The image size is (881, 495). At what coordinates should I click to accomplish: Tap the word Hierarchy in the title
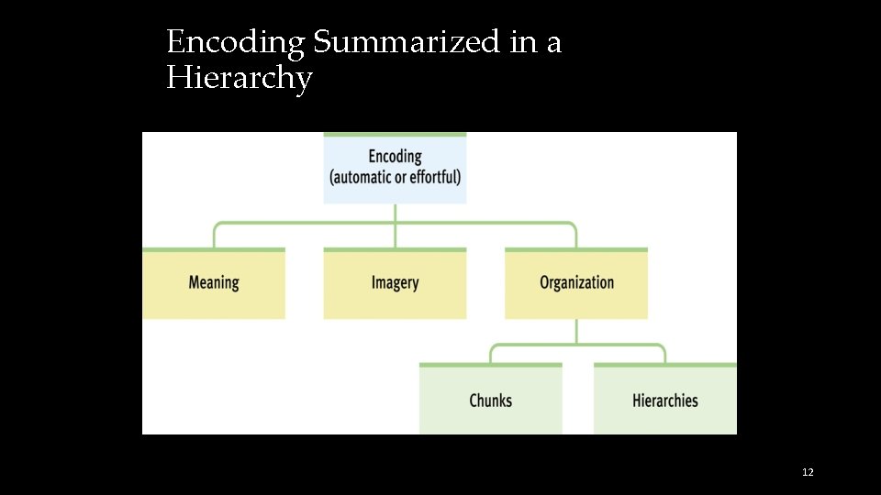coord(239,79)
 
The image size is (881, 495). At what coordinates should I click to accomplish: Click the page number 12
coord(808,472)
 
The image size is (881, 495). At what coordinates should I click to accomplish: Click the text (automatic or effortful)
coord(395,177)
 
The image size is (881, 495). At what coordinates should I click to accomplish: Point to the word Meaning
coord(214,282)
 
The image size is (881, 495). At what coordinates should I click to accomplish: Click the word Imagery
coord(395,282)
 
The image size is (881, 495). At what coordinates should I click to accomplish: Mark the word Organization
coord(576,282)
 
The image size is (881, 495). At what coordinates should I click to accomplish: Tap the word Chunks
coord(491,401)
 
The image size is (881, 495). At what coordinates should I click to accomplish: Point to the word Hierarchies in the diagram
coord(665,401)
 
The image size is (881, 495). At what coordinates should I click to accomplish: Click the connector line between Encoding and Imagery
coord(395,225)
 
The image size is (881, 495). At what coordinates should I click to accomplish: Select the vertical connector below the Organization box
coord(576,331)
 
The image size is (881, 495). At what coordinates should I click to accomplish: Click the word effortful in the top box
coord(435,177)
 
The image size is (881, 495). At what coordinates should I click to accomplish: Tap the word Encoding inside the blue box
coord(395,156)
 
